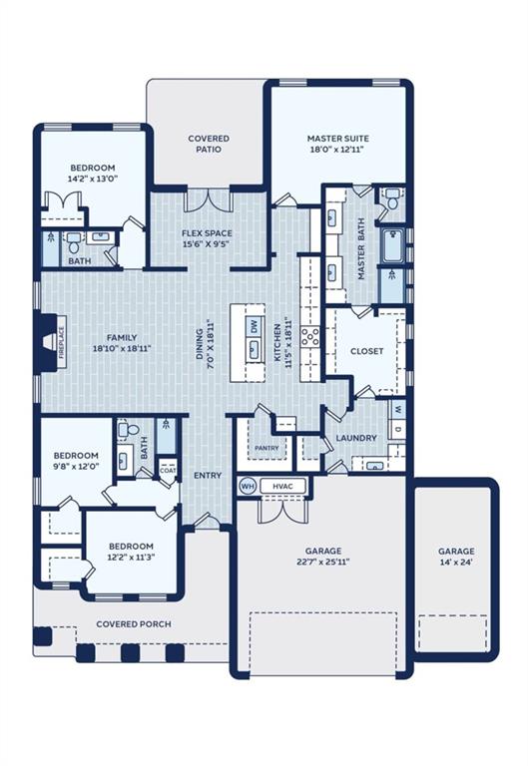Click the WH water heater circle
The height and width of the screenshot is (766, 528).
click(248, 486)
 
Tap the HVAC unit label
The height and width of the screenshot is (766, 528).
click(282, 486)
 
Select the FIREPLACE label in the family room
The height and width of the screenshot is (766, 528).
click(62, 343)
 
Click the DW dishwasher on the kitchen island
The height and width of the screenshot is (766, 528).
click(254, 326)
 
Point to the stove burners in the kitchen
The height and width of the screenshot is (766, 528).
click(310, 337)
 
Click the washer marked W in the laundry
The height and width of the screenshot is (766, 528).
click(397, 408)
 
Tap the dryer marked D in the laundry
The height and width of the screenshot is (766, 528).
click(397, 429)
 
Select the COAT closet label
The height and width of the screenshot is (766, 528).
click(168, 471)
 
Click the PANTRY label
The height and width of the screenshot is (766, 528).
click(266, 448)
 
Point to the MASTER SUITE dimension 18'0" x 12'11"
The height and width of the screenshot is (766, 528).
click(337, 150)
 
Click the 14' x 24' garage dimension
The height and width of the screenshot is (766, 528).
click(456, 562)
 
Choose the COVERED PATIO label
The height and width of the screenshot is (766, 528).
click(209, 144)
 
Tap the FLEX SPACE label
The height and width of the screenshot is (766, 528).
click(207, 233)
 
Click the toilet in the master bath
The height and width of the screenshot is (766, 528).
click(391, 199)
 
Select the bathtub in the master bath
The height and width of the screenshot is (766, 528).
click(392, 246)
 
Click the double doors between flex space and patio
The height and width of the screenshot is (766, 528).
click(209, 199)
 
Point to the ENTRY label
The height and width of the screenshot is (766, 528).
click(208, 476)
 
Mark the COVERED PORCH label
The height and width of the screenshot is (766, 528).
click(134, 624)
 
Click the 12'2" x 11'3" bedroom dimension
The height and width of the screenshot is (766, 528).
click(131, 557)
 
